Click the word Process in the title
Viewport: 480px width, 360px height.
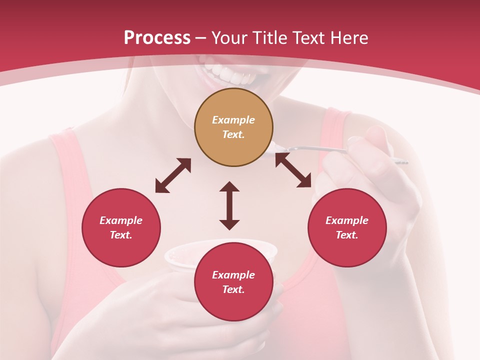(157, 38)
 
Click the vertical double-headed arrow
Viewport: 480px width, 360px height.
(229, 205)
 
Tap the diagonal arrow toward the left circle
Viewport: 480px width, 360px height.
(173, 175)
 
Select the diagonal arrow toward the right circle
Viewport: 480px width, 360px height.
(293, 170)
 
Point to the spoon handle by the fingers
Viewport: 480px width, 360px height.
(320, 148)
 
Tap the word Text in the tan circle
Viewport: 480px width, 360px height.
(233, 134)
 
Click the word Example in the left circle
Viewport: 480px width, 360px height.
(121, 220)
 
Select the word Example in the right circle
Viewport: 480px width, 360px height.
(347, 220)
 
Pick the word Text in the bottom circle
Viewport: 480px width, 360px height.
(233, 289)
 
